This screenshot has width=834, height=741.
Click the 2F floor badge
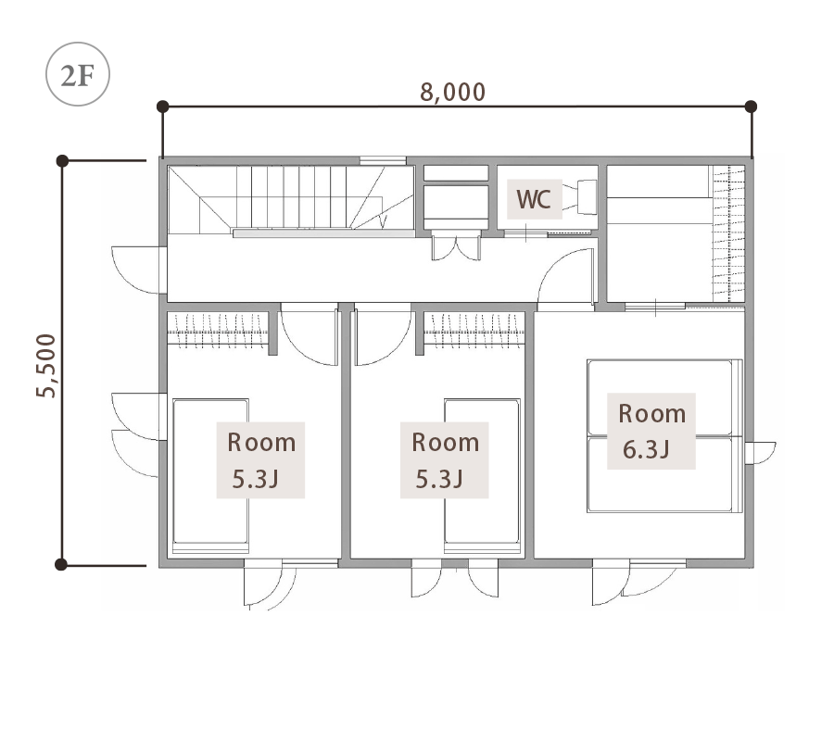(x=78, y=74)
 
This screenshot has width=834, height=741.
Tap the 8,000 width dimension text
(x=452, y=92)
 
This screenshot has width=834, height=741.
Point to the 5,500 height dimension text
(x=45, y=365)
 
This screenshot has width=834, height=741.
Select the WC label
(x=534, y=199)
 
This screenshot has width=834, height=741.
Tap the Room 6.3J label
(x=651, y=431)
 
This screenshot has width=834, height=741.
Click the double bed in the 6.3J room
(x=664, y=436)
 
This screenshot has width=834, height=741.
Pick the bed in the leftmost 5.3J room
(x=210, y=476)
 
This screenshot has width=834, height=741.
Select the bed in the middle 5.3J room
(x=483, y=476)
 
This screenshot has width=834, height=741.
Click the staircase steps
(x=291, y=199)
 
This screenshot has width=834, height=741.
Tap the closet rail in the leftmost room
(x=218, y=331)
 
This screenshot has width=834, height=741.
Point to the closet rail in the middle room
(x=474, y=331)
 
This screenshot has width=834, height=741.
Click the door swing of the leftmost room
(x=310, y=335)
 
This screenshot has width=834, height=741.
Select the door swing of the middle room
(x=383, y=335)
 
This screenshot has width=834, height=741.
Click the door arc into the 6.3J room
(x=565, y=276)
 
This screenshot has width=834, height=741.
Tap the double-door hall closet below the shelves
(x=456, y=245)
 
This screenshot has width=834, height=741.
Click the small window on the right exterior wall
(x=760, y=452)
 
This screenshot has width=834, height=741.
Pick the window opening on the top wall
(x=383, y=160)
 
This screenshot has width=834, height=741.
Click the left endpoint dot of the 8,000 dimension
(x=163, y=107)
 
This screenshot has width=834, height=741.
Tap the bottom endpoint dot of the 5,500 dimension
(x=61, y=564)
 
